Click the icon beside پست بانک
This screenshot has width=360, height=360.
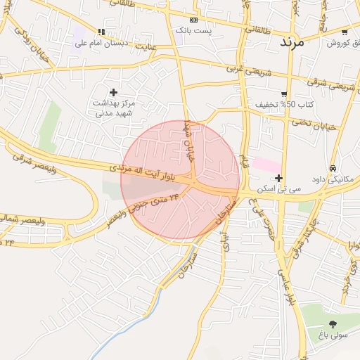(x=194, y=20)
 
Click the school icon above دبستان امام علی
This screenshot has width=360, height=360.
(x=102, y=32)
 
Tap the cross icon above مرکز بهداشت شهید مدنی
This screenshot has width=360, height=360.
(x=113, y=92)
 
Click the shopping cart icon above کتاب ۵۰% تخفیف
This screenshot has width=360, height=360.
(x=284, y=94)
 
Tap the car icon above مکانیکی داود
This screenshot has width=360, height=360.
(x=332, y=168)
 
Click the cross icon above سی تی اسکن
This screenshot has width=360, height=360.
(x=279, y=178)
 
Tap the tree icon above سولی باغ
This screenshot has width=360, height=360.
(x=333, y=324)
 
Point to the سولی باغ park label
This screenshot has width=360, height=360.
(x=333, y=336)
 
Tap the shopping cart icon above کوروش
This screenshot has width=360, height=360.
(x=345, y=32)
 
